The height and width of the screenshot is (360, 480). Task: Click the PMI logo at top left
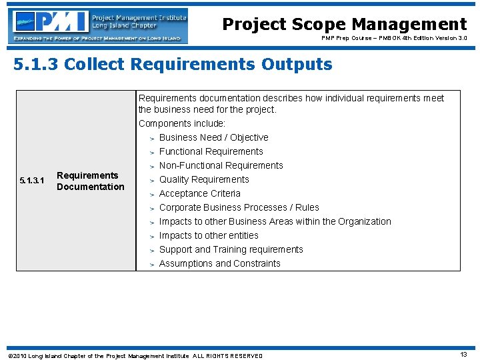(x=99, y=25)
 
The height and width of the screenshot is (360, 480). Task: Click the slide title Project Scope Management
(x=344, y=25)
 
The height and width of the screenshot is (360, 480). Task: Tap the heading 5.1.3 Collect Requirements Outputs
(x=173, y=65)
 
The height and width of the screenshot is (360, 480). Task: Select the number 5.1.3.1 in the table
(x=32, y=181)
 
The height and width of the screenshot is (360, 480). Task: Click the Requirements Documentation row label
(x=90, y=181)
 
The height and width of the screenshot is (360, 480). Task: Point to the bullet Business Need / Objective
(x=213, y=137)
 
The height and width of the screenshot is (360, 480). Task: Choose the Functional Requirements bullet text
(x=211, y=151)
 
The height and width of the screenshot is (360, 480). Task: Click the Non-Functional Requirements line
(x=221, y=165)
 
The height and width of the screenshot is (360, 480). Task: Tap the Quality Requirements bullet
(x=204, y=179)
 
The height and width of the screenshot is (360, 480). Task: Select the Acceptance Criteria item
(x=199, y=193)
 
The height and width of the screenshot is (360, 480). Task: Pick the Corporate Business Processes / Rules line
(x=239, y=207)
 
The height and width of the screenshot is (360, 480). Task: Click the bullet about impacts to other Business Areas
(x=275, y=221)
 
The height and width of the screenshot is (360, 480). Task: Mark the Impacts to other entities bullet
(x=208, y=235)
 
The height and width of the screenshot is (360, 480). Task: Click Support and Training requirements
(x=231, y=249)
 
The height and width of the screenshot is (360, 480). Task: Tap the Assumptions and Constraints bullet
(x=219, y=263)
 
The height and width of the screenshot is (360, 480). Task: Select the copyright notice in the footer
(x=135, y=355)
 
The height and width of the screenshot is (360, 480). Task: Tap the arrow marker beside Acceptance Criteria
(x=152, y=194)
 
